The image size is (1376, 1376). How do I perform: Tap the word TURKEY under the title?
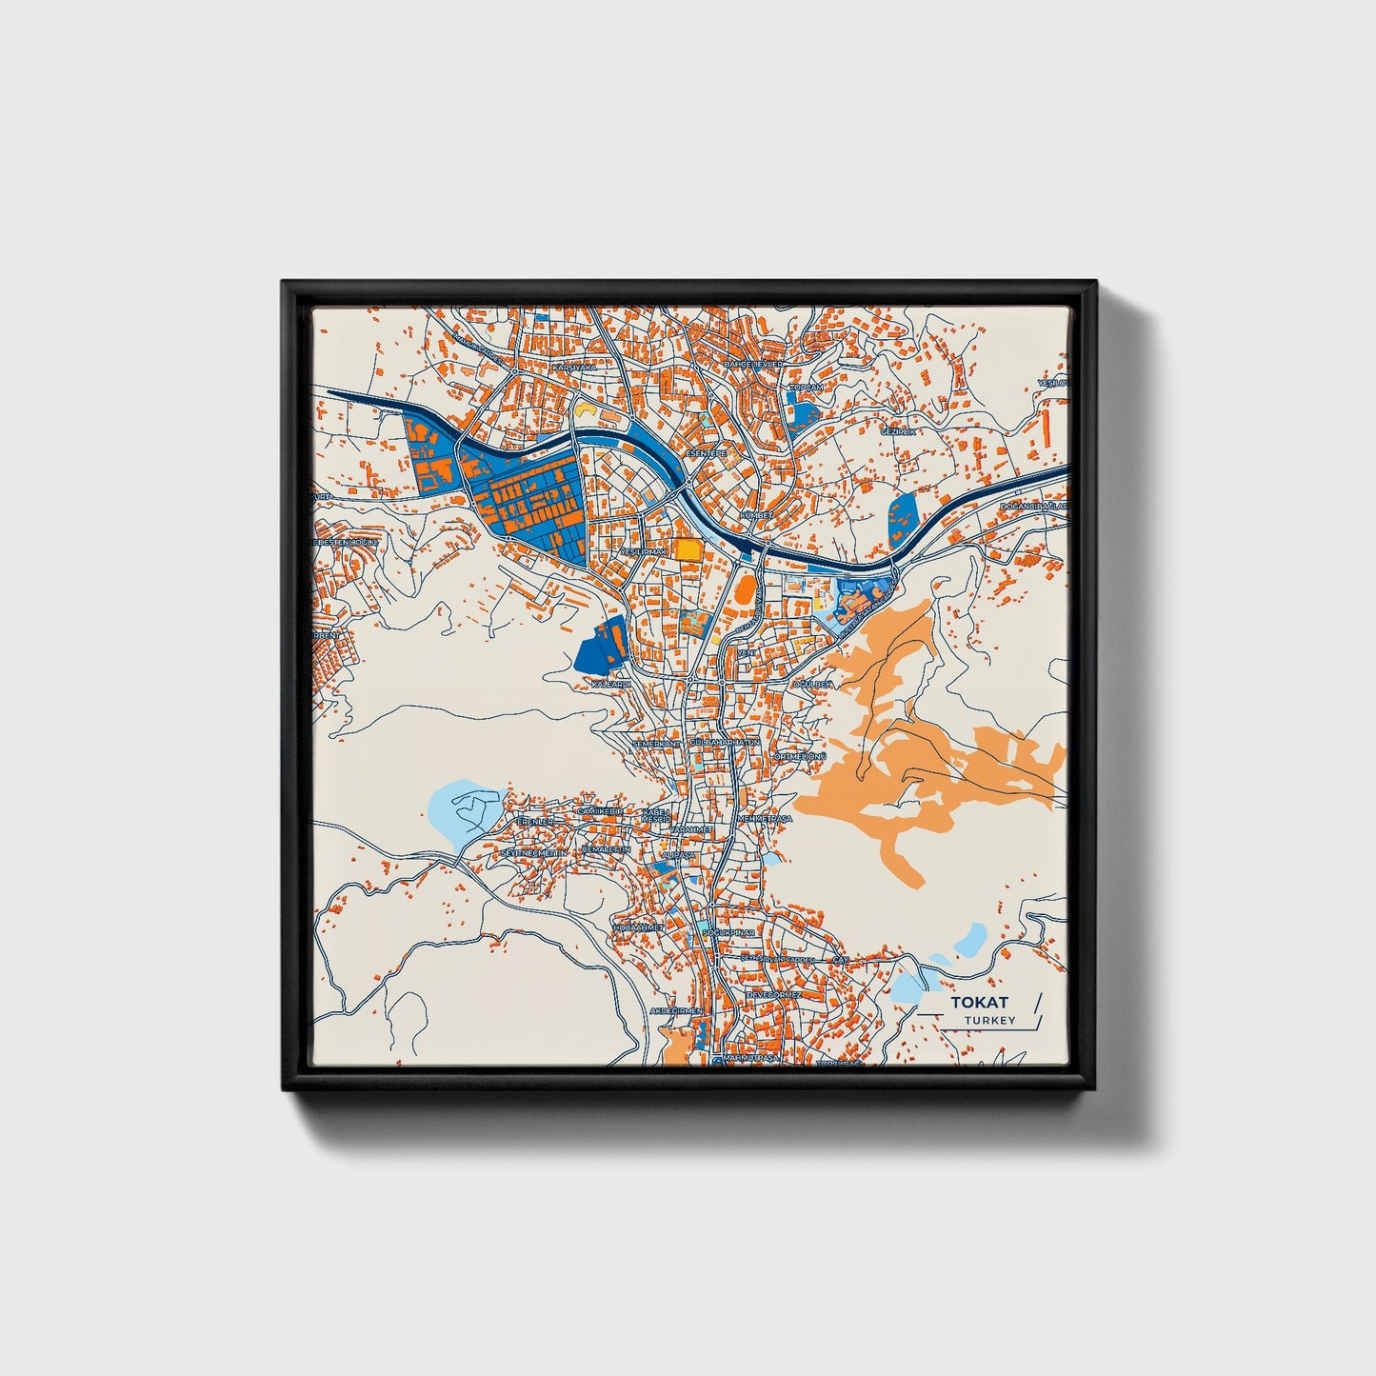988,1021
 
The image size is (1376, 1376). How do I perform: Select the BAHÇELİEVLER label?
753,364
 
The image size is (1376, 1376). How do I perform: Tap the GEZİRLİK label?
898,431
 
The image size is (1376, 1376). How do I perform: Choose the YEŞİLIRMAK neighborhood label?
643,551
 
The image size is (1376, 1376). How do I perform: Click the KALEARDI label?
611,684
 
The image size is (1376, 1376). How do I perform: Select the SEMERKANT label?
657,742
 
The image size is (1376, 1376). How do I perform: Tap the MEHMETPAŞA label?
765,818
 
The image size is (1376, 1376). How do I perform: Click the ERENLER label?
534,821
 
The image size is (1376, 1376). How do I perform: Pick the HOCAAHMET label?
637,927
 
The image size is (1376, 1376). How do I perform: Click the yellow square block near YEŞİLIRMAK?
687,549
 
